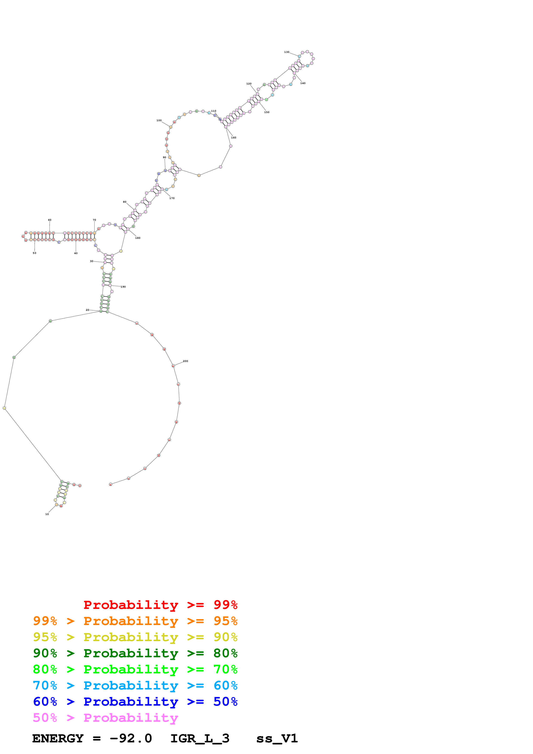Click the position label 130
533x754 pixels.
[x=286, y=52]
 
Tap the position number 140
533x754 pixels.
[x=303, y=83]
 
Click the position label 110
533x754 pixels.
[x=214, y=111]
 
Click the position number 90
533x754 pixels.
[x=164, y=157]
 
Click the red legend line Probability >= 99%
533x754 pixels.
[x=160, y=605]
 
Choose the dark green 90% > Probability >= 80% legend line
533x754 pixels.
[x=135, y=653]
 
